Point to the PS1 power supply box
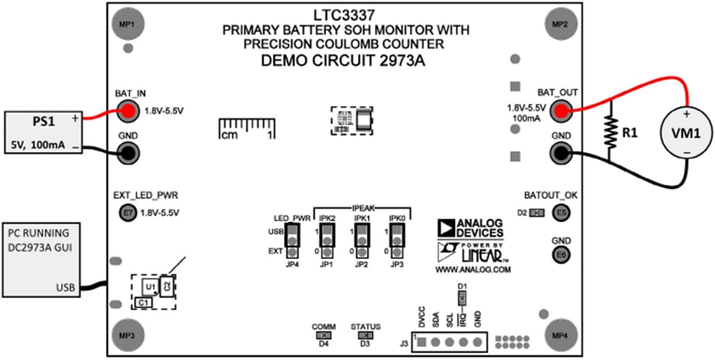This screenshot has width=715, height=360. (44, 132)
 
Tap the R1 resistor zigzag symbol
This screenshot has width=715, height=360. (608, 131)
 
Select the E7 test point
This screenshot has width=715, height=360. (128, 213)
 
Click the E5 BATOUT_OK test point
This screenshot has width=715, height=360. (561, 213)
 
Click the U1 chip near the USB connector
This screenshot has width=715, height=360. (150, 287)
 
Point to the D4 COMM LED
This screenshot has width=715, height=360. (324, 336)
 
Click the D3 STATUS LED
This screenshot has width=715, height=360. (364, 336)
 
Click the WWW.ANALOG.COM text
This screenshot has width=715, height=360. (473, 270)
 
